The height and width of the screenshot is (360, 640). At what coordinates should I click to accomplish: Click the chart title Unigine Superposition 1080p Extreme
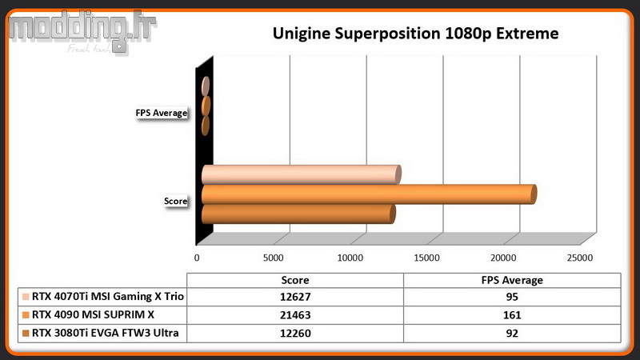tap(415, 34)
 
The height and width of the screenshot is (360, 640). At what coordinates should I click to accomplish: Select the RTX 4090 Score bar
tap(369, 194)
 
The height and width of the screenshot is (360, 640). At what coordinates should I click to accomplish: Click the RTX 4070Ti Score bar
tap(302, 174)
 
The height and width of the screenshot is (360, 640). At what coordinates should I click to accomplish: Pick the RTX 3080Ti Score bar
tap(298, 214)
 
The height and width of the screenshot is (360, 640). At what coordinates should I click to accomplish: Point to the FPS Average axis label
tap(162, 113)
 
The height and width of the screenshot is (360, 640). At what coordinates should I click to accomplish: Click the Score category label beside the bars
tap(175, 201)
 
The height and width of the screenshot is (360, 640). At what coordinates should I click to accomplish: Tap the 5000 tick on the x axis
tap(273, 258)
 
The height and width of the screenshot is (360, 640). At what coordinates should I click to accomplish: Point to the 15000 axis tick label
tap(426, 258)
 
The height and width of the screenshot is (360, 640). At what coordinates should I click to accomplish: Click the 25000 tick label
tap(579, 258)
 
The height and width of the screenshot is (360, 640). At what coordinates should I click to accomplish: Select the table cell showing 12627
tap(295, 297)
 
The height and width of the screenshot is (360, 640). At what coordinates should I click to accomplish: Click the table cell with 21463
tap(295, 315)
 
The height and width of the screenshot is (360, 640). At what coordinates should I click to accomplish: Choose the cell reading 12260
tap(295, 334)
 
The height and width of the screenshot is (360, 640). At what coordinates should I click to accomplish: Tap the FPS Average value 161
tap(512, 315)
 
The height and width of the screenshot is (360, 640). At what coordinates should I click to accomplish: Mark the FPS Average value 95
tap(512, 297)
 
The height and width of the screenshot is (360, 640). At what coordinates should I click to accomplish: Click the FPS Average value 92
tap(512, 334)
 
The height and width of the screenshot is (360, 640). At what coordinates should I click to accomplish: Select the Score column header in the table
tap(295, 280)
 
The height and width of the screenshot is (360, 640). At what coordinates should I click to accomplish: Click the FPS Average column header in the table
tap(512, 280)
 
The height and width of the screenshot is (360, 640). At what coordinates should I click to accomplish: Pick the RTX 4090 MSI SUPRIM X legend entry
tap(88, 314)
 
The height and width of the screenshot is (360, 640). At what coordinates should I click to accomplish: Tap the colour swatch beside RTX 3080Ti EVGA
tap(26, 334)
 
